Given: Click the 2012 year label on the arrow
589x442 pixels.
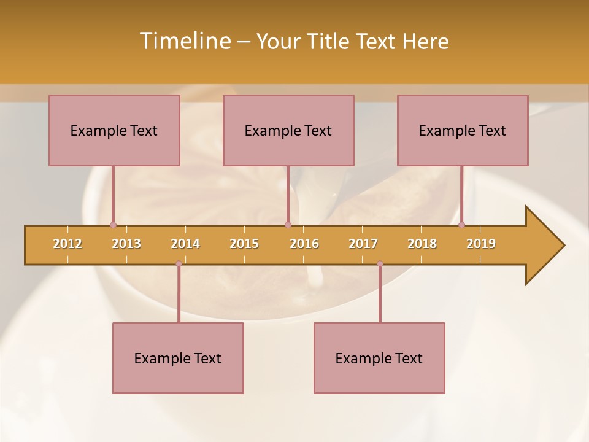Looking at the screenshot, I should point(67,244).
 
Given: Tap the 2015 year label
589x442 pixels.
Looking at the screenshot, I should point(244,244).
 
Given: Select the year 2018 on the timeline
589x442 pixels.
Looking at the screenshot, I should point(422,244).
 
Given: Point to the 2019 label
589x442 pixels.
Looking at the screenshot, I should point(481,244).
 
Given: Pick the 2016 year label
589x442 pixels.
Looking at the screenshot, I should point(304,244).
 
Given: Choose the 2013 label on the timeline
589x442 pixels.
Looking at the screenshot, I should point(126,244).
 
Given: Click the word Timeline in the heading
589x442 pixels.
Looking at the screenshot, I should point(184,41).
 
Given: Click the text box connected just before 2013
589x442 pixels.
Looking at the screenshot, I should point(114,130).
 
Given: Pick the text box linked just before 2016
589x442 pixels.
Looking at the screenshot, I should point(288,130).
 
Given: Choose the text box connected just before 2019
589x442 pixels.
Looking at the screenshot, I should point(463,130).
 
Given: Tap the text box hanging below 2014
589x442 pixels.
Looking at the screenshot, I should point(178,358).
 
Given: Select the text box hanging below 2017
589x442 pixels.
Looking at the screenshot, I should point(379,358).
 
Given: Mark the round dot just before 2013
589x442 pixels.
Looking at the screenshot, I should point(113,225).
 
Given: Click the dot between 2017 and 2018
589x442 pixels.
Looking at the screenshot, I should point(380,264).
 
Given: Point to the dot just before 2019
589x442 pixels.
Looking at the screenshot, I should point(461,225).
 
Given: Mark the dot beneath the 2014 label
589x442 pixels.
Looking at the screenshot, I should point(179,264).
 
